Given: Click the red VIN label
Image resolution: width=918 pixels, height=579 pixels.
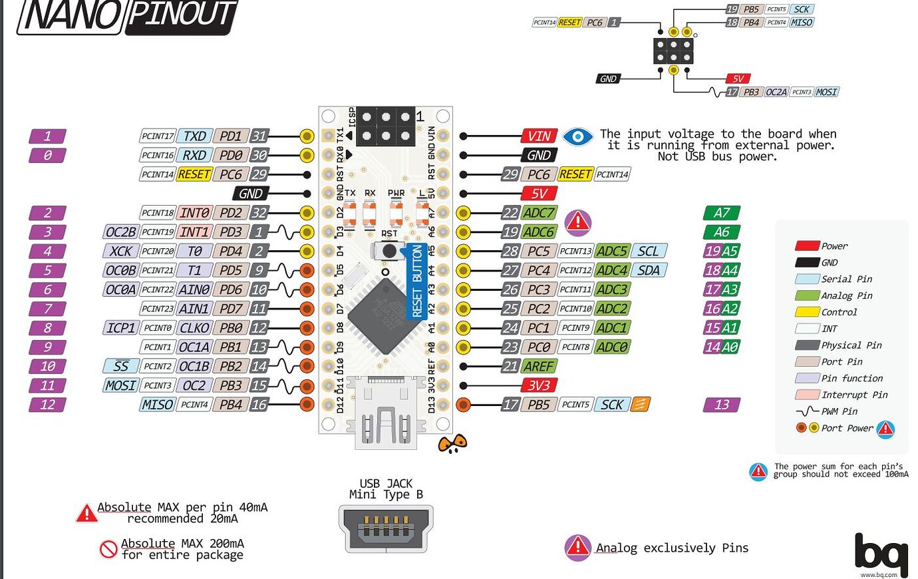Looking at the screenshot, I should tap(539, 136).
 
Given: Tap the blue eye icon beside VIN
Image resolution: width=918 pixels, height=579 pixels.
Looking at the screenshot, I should tap(577, 136).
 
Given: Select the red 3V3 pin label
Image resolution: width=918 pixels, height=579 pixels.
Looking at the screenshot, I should tap(539, 385).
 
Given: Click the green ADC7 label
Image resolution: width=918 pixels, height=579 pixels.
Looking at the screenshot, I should tap(538, 213).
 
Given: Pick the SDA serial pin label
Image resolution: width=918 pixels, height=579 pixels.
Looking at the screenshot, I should tap(648, 270).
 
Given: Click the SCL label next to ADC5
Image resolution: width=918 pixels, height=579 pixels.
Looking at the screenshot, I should tap(648, 251).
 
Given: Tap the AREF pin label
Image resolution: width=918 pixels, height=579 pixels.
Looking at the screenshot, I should tap(539, 366).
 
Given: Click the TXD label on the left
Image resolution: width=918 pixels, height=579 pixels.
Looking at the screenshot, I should tap(194, 136).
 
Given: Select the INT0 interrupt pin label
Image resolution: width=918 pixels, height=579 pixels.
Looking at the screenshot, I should tap(194, 213).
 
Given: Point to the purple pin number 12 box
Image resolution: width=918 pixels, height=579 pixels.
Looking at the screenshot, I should tap(47, 405).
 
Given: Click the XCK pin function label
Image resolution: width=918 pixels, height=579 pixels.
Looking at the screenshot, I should tap(120, 251).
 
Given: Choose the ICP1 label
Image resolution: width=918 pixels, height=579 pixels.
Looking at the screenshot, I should tap(121, 328).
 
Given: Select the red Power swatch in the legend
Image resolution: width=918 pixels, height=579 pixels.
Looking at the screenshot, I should tap(806, 246).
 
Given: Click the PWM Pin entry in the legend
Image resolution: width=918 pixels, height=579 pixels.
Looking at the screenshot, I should tap(838, 411).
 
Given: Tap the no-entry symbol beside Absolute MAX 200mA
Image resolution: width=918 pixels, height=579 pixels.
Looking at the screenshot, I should tap(108, 549).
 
